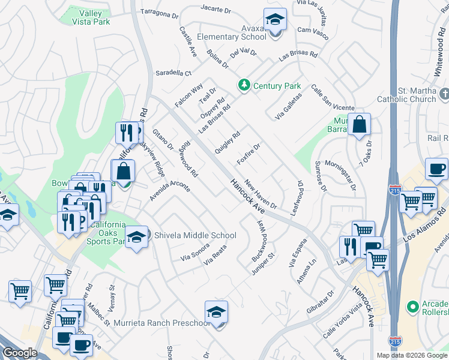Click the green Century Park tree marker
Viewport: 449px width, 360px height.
point(244,86)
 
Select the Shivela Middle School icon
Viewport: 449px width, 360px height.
point(137,236)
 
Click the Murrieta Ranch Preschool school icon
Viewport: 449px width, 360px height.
point(216,312)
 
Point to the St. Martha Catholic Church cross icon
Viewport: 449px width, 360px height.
point(444,94)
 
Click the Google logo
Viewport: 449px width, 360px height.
point(19,353)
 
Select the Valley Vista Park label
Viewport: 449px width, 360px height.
point(91,17)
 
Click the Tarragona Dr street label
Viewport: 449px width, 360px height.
point(160,13)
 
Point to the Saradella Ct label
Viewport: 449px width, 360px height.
point(173,73)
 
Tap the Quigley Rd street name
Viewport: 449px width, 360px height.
point(228,143)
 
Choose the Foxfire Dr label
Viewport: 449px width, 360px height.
point(249,154)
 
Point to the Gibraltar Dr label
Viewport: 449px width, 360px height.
point(322,304)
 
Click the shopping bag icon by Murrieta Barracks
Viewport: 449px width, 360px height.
point(359,125)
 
